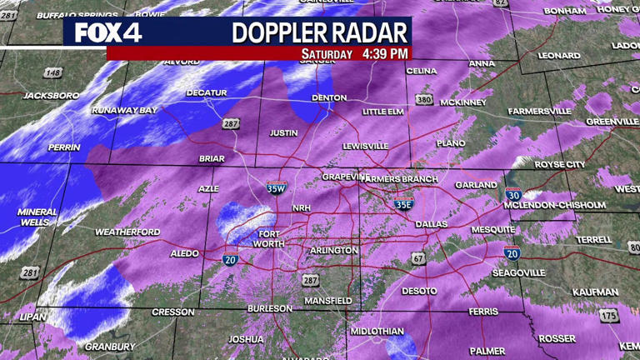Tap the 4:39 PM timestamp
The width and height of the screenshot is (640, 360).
pyautogui.click(x=385, y=53)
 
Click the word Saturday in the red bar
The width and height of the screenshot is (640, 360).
pyautogui.click(x=326, y=53)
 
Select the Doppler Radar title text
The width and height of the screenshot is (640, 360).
pyautogui.click(x=320, y=32)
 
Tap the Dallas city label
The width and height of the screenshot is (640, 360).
pyautogui.click(x=431, y=223)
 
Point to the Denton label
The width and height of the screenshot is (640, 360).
pyautogui.click(x=328, y=97)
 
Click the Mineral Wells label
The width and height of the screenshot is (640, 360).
pyautogui.click(x=37, y=217)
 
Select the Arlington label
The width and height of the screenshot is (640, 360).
pyautogui.click(x=333, y=250)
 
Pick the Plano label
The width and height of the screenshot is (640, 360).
pyautogui.click(x=451, y=143)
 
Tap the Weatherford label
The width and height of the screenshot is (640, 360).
pyautogui.click(x=127, y=232)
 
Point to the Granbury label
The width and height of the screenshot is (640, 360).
pyautogui.click(x=110, y=347)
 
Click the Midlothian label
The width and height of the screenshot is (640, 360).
pyautogui.click(x=376, y=331)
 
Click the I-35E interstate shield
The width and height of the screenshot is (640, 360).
pyautogui.click(x=403, y=203)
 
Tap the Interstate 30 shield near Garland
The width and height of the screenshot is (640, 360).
pyautogui.click(x=513, y=194)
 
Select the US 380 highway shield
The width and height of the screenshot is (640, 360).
pyautogui.click(x=425, y=100)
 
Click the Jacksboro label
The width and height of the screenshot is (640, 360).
pyautogui.click(x=51, y=96)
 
